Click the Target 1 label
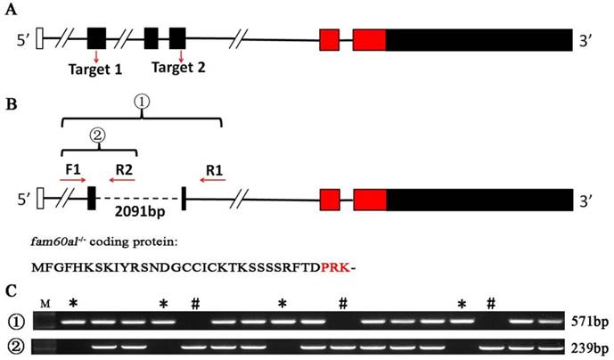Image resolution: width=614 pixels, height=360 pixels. (95, 68)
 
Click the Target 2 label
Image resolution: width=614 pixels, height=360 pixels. (181, 68)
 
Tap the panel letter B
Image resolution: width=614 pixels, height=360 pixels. (12, 104)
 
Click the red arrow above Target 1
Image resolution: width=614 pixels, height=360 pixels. (96, 55)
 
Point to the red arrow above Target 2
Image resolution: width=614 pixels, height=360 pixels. (181, 55)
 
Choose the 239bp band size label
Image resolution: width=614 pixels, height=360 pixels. (590, 347)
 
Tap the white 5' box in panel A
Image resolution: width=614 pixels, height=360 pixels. (39, 39)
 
